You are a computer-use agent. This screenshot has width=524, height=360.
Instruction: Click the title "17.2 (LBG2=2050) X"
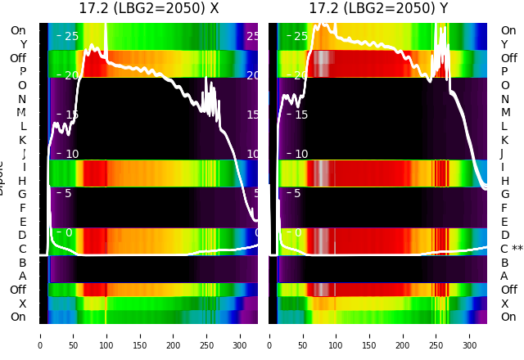(x=148, y=9)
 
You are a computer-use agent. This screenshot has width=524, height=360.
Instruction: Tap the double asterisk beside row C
(x=517, y=249)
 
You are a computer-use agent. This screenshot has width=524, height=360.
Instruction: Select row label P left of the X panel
(x=22, y=72)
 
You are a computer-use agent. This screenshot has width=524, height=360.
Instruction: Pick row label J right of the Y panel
(x=501, y=154)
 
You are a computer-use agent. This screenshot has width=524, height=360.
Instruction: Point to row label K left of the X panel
(x=22, y=140)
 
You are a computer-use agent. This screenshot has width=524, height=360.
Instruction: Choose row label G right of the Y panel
(x=504, y=195)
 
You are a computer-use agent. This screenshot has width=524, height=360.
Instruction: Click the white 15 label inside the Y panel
(x=300, y=115)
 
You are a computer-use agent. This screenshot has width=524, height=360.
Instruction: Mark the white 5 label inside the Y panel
(x=297, y=194)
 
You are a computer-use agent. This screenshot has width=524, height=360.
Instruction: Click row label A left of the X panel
(x=22, y=277)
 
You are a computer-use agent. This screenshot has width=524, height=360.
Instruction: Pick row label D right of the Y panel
(x=504, y=236)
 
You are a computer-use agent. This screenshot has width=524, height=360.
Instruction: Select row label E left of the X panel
(x=22, y=222)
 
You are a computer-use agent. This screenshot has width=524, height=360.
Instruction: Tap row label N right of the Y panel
(x=504, y=99)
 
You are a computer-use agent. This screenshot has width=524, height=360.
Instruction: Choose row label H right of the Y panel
(x=504, y=181)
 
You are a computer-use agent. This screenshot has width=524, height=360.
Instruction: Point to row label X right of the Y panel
(x=504, y=304)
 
